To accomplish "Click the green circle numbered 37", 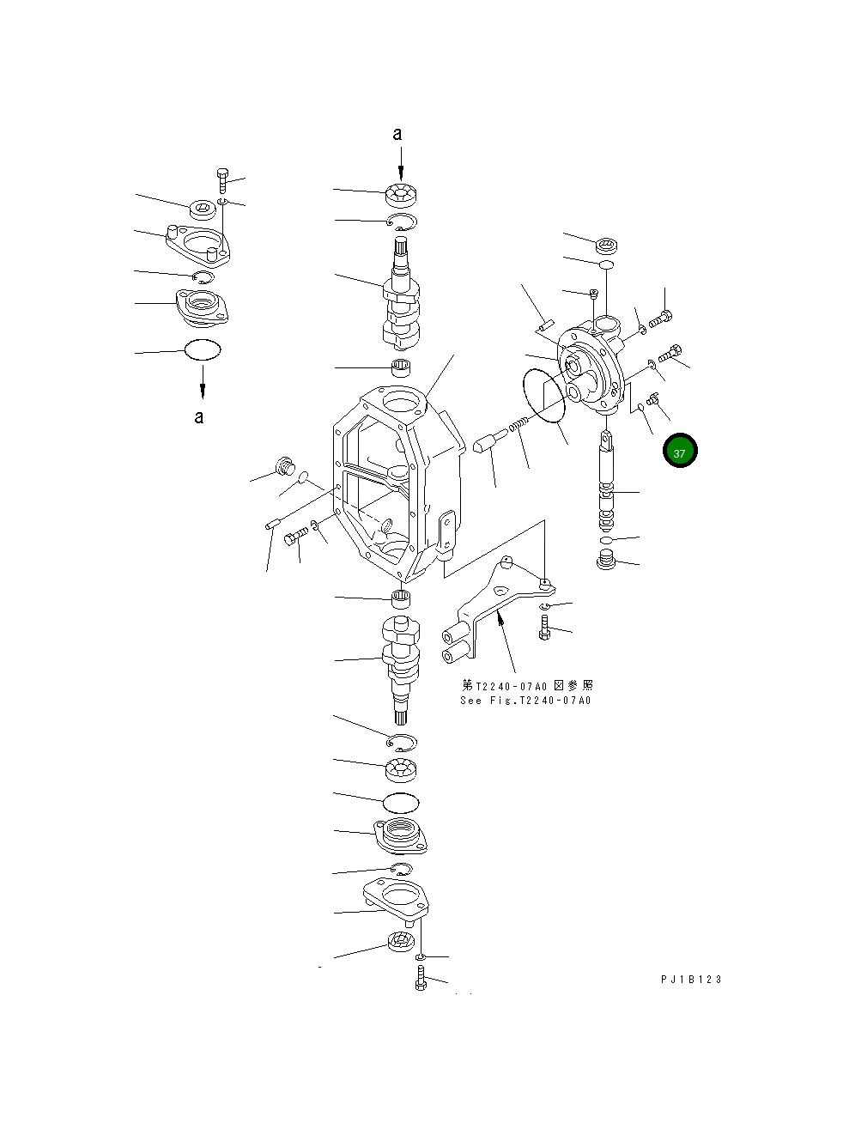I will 679,452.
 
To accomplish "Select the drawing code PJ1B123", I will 691,980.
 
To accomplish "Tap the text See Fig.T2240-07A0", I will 525,700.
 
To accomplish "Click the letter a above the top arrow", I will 397,134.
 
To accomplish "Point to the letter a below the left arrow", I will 199,417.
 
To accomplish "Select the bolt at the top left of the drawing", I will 222,181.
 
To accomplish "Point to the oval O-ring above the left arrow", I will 203,349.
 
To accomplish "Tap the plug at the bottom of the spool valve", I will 607,562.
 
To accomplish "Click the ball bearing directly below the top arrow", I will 401,196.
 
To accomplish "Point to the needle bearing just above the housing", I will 401,370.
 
